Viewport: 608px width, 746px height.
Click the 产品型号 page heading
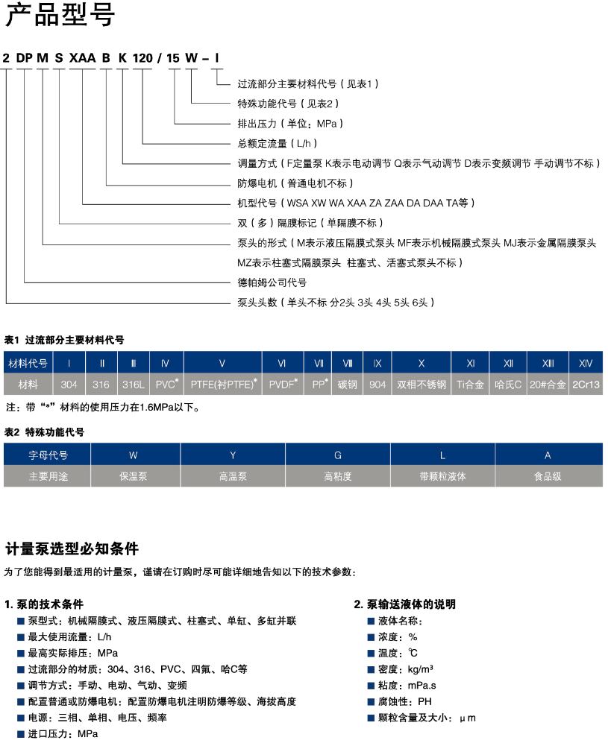click(60, 16)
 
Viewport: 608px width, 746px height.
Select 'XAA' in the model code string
click(82, 58)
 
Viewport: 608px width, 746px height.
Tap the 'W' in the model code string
click(192, 58)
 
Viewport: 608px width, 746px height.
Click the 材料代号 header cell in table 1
click(28, 364)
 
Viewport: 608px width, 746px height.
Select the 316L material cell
click(134, 385)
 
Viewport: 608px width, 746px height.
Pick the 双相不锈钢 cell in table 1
click(421, 385)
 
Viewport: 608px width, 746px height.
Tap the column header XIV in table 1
click(586, 364)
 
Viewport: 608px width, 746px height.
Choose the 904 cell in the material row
click(377, 385)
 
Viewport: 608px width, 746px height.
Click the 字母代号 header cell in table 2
click(48, 454)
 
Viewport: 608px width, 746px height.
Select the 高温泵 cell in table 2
click(232, 475)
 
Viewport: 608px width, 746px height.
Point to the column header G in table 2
click(337, 454)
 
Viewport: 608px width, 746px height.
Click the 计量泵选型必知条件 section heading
click(72, 550)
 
